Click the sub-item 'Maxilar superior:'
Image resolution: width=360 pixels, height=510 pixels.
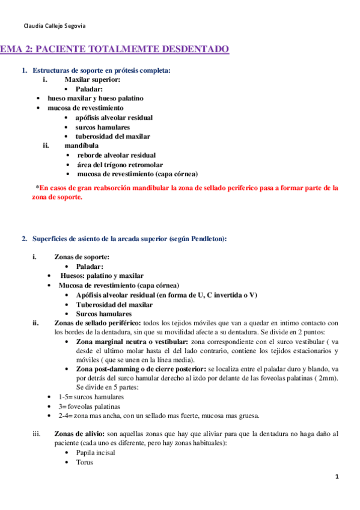click(93, 79)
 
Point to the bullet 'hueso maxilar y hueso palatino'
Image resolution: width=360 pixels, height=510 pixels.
click(96, 98)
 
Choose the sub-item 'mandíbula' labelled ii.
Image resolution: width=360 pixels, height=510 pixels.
click(82, 146)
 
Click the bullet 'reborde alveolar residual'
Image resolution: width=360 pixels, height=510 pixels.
click(116, 155)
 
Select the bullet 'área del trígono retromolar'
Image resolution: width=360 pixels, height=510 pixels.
click(120, 165)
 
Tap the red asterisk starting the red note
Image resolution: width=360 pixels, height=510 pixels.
click(38, 188)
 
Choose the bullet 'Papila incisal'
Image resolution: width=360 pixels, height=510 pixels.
click(96, 452)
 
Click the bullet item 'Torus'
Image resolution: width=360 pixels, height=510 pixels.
click(84, 462)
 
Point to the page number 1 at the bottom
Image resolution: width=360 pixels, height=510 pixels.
click(337, 477)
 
